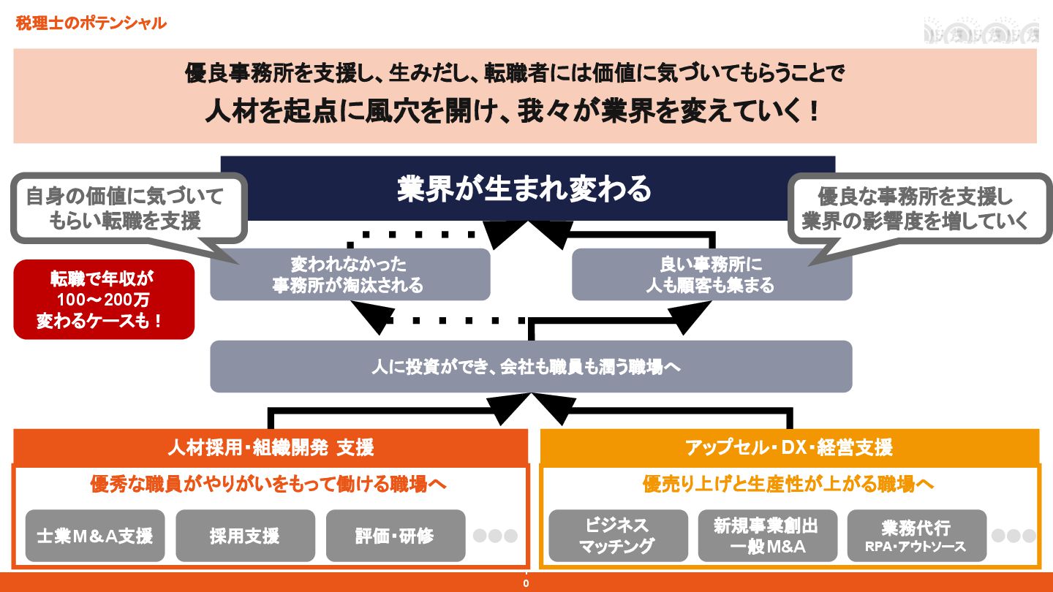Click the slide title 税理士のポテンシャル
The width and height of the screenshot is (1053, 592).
[x=91, y=23]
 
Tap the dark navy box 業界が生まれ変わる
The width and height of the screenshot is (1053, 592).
[x=527, y=189]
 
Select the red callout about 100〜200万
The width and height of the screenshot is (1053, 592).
[x=104, y=299]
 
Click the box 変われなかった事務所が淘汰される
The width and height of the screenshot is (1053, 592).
[x=350, y=274]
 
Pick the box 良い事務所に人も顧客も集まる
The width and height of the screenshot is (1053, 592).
[x=711, y=274]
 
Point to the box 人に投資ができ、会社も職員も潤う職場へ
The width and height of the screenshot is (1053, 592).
[x=530, y=366]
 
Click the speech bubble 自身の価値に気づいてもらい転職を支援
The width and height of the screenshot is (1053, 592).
[x=129, y=208]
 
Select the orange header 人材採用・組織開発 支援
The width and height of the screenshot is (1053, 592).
[x=271, y=447]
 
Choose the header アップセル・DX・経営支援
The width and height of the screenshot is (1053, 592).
[x=789, y=447]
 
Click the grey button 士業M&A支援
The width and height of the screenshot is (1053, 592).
[x=95, y=536]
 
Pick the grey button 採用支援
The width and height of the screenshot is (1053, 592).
[x=245, y=536]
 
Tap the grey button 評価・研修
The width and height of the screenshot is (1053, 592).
[x=395, y=536]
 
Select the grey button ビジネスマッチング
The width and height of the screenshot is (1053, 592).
[x=618, y=536]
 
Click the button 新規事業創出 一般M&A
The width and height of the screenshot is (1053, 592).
[x=767, y=536]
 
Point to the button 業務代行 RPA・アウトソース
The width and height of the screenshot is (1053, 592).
[x=916, y=536]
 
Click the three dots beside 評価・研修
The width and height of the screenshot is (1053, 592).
[x=495, y=536]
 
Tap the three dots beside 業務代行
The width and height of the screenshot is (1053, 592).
[x=1014, y=536]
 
